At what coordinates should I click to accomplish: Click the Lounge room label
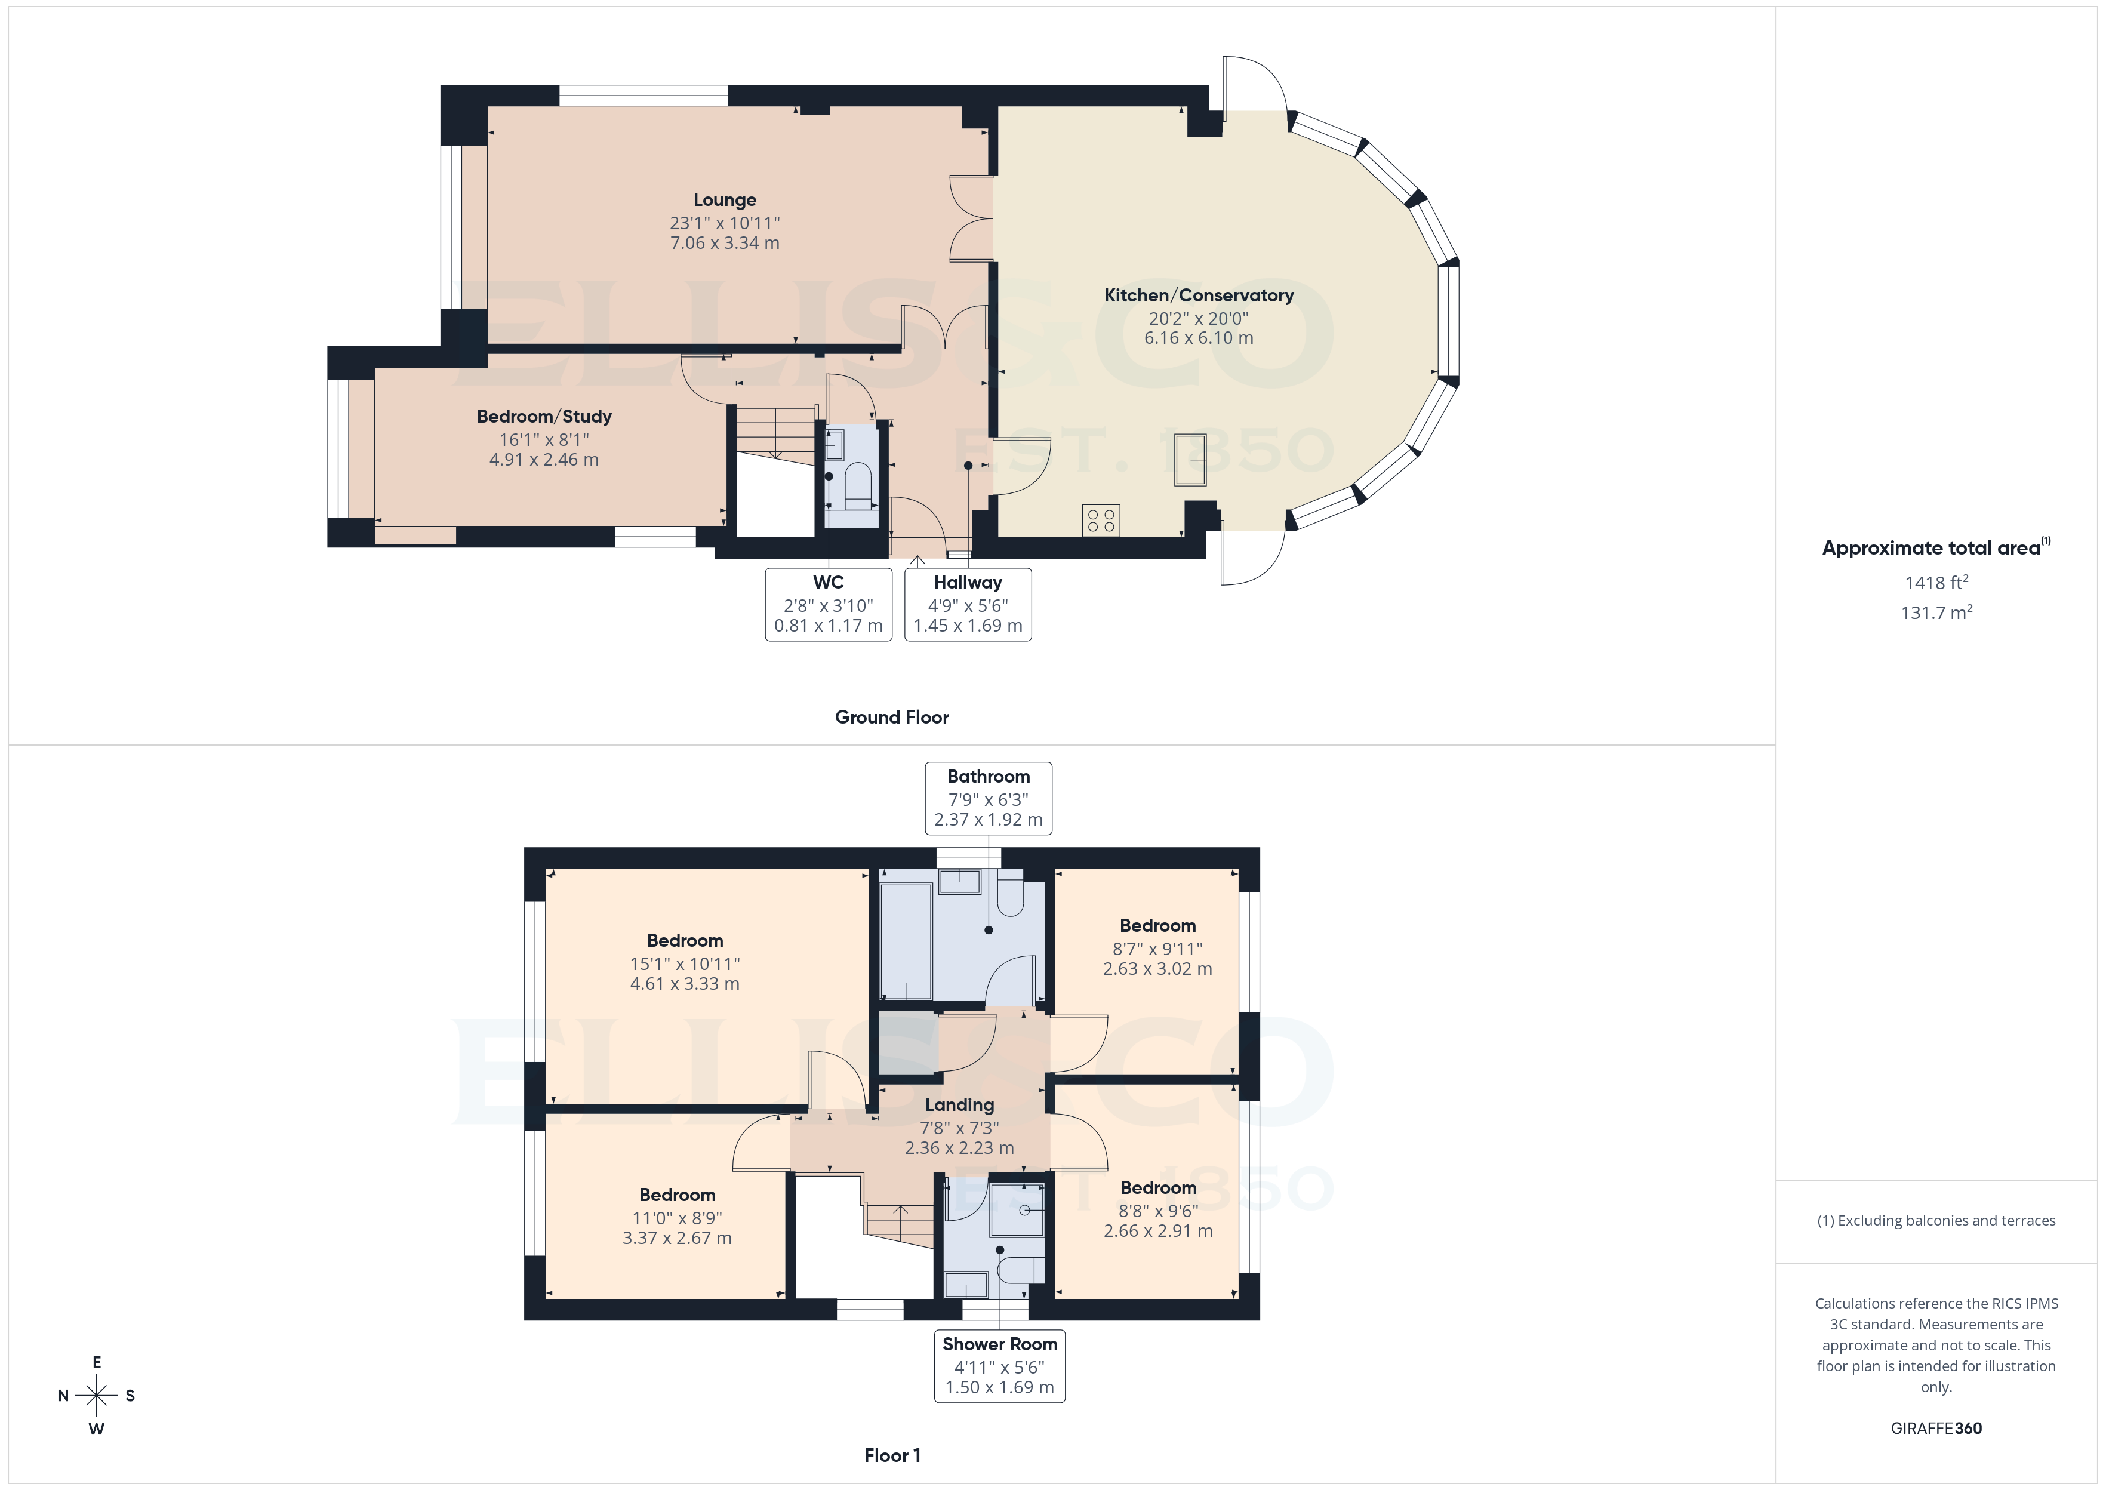pos(725,200)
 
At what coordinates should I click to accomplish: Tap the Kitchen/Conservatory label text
pos(1198,295)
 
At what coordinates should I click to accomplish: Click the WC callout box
pos(829,604)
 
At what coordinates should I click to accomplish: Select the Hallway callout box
pos(968,604)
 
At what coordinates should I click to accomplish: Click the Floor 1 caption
pos(892,1455)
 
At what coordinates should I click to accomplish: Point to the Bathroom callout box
pos(988,798)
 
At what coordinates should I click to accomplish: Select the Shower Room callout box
pos(999,1365)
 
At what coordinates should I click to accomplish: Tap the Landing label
pos(959,1104)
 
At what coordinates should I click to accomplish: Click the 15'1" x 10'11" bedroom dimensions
pos(684,963)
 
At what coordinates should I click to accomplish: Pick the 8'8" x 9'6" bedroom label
pos(1157,1188)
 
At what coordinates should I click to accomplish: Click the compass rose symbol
pos(96,1396)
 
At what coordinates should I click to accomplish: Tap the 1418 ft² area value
pos(1936,583)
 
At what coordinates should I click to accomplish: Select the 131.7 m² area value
pos(1936,613)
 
